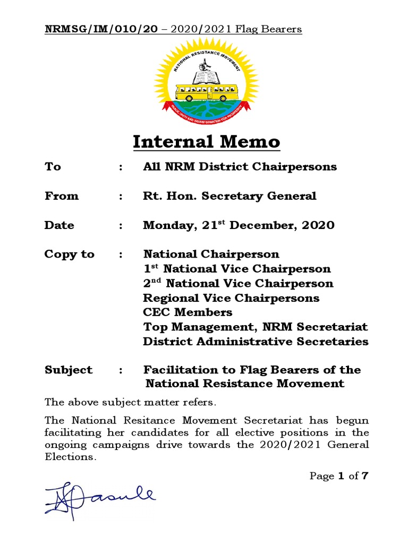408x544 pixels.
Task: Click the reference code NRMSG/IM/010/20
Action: (101, 29)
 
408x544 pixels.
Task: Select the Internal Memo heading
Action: (206, 142)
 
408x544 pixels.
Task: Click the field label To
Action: (53, 167)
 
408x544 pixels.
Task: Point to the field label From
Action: (61, 196)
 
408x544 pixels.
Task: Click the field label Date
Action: (59, 225)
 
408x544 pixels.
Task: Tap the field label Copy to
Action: (69, 254)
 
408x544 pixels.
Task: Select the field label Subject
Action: (69, 370)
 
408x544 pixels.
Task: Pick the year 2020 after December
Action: (318, 225)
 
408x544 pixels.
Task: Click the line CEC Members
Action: (188, 312)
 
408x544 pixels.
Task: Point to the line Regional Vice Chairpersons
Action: (231, 297)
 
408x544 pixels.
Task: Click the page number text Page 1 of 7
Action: (338, 476)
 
